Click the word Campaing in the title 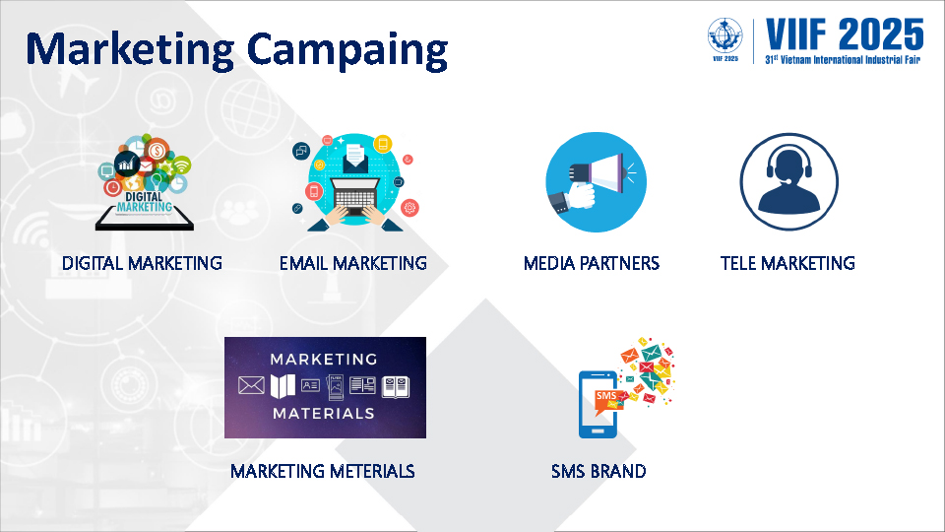(x=347, y=50)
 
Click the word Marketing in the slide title (x=130, y=50)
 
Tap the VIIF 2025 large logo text (x=845, y=34)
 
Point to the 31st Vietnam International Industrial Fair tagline (x=843, y=60)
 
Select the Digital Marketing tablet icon (x=145, y=182)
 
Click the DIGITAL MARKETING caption (x=142, y=263)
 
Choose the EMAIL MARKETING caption (x=353, y=263)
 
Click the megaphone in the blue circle (x=597, y=181)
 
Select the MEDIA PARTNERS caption (x=592, y=263)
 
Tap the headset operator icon (x=788, y=181)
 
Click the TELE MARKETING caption (x=787, y=263)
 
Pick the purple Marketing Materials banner (x=326, y=387)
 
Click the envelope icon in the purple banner (x=251, y=385)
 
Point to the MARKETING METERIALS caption (x=323, y=471)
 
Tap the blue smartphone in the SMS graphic (x=598, y=404)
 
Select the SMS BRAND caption (x=598, y=471)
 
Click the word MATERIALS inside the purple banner (x=324, y=413)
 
